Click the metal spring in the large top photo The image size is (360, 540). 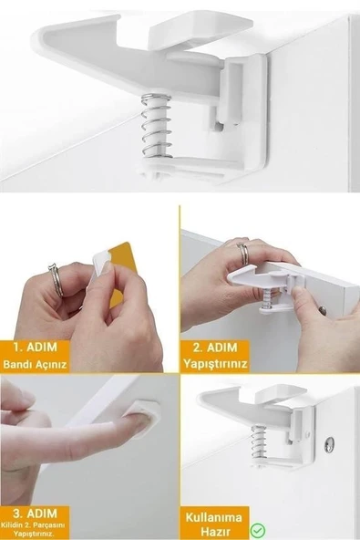(x=157, y=127)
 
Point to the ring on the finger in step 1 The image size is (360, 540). (x=57, y=278)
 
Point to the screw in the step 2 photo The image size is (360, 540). (x=322, y=310)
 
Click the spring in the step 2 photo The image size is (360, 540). (x=264, y=297)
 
